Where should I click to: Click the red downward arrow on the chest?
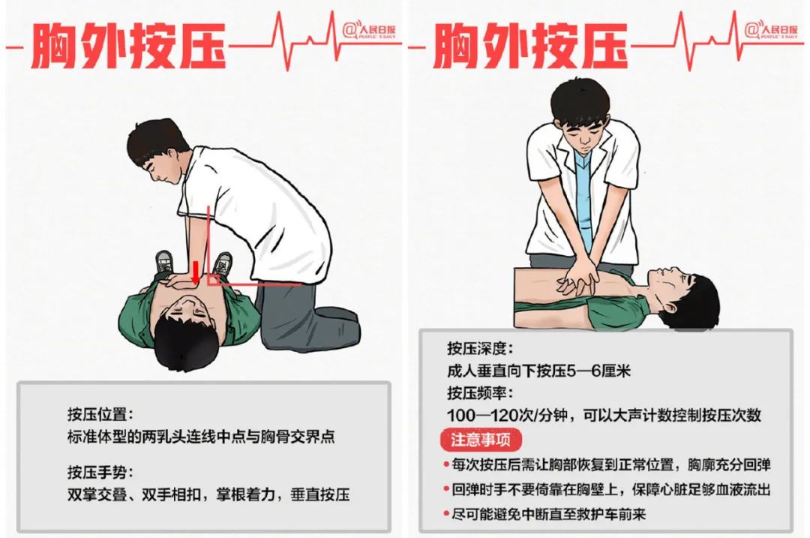[195, 273]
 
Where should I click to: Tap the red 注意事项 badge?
[481, 440]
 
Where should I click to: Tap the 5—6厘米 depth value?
[599, 371]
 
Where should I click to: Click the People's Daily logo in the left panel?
[369, 30]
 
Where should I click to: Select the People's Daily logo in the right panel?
[771, 30]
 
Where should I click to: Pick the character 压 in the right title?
[604, 46]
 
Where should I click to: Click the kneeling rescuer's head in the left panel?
[157, 150]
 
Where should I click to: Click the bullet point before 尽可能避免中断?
[445, 514]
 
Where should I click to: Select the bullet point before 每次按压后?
[445, 464]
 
